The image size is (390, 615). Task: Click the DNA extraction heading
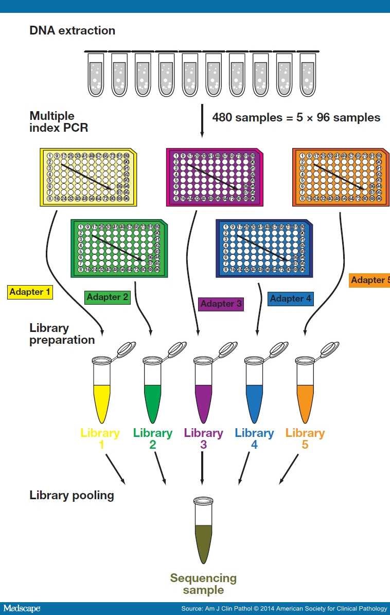[x=72, y=30]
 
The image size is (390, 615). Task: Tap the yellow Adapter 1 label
[x=30, y=292]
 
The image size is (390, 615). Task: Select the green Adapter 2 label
[x=107, y=297]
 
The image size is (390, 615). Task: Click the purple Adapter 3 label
[x=221, y=304]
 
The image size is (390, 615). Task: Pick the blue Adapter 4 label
[x=290, y=298]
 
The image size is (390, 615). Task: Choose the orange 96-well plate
[x=341, y=177]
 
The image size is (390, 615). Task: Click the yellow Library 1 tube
[x=101, y=388]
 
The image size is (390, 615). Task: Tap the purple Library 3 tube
[x=203, y=388]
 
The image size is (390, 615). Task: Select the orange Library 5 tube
[x=305, y=388]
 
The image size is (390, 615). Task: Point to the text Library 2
[x=152, y=438]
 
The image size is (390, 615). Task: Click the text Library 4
[x=254, y=438]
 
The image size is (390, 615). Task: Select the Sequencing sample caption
[x=203, y=584]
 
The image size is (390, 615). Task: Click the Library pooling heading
[x=72, y=496]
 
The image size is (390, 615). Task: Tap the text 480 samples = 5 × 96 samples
[x=296, y=117]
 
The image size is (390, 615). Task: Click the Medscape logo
[x=21, y=609]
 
